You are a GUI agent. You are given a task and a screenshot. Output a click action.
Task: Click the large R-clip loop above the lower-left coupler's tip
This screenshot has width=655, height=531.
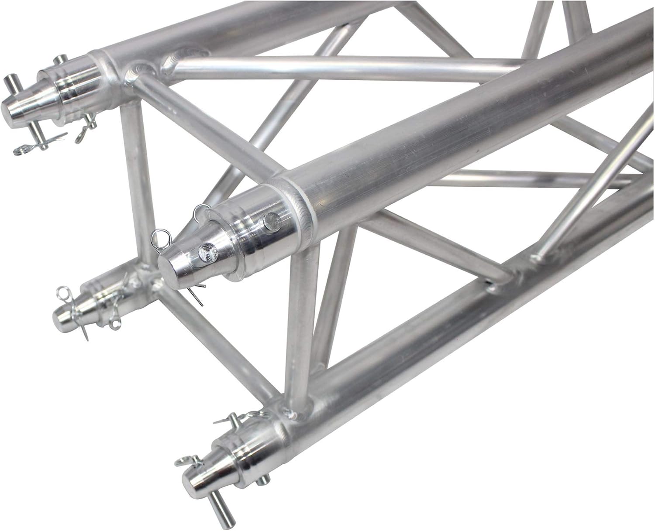[x=65, y=291]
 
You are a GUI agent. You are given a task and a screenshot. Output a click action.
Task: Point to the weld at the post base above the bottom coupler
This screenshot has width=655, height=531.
[x=290, y=412]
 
